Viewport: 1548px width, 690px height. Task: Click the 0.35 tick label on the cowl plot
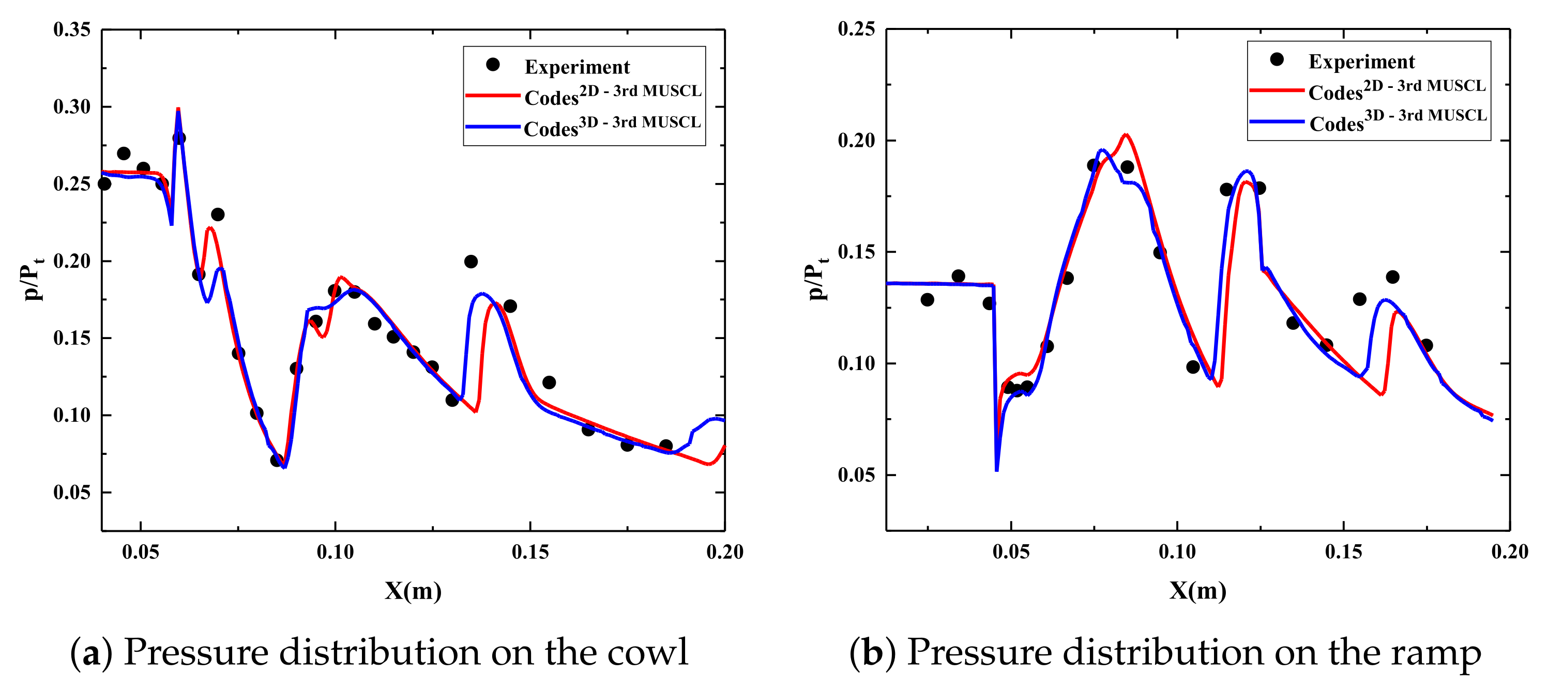(71, 29)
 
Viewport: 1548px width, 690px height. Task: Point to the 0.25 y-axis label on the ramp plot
(856, 29)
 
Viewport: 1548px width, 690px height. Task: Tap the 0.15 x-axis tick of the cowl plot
(530, 552)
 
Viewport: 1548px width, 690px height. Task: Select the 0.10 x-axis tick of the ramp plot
(1177, 552)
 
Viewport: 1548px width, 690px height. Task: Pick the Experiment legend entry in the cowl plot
(576, 67)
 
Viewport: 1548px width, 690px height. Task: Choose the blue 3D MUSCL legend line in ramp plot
(1277, 122)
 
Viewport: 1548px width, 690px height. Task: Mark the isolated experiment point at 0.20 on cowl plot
(471, 261)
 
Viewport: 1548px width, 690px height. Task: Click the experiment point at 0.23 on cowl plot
(218, 214)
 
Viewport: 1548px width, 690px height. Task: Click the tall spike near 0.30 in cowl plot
(178, 111)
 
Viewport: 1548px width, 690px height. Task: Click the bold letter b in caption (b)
(872, 653)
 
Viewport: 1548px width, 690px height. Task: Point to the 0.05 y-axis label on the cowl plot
(71, 493)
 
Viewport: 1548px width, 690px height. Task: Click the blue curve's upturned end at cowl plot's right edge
(715, 419)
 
